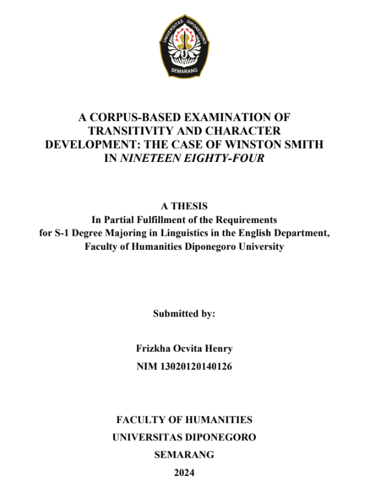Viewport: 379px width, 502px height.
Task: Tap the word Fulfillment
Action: pos(156,219)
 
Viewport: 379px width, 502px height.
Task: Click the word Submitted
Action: pos(173,314)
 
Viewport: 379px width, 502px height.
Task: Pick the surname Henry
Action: pos(220,349)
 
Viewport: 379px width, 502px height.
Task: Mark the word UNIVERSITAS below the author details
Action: pos(150,437)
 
